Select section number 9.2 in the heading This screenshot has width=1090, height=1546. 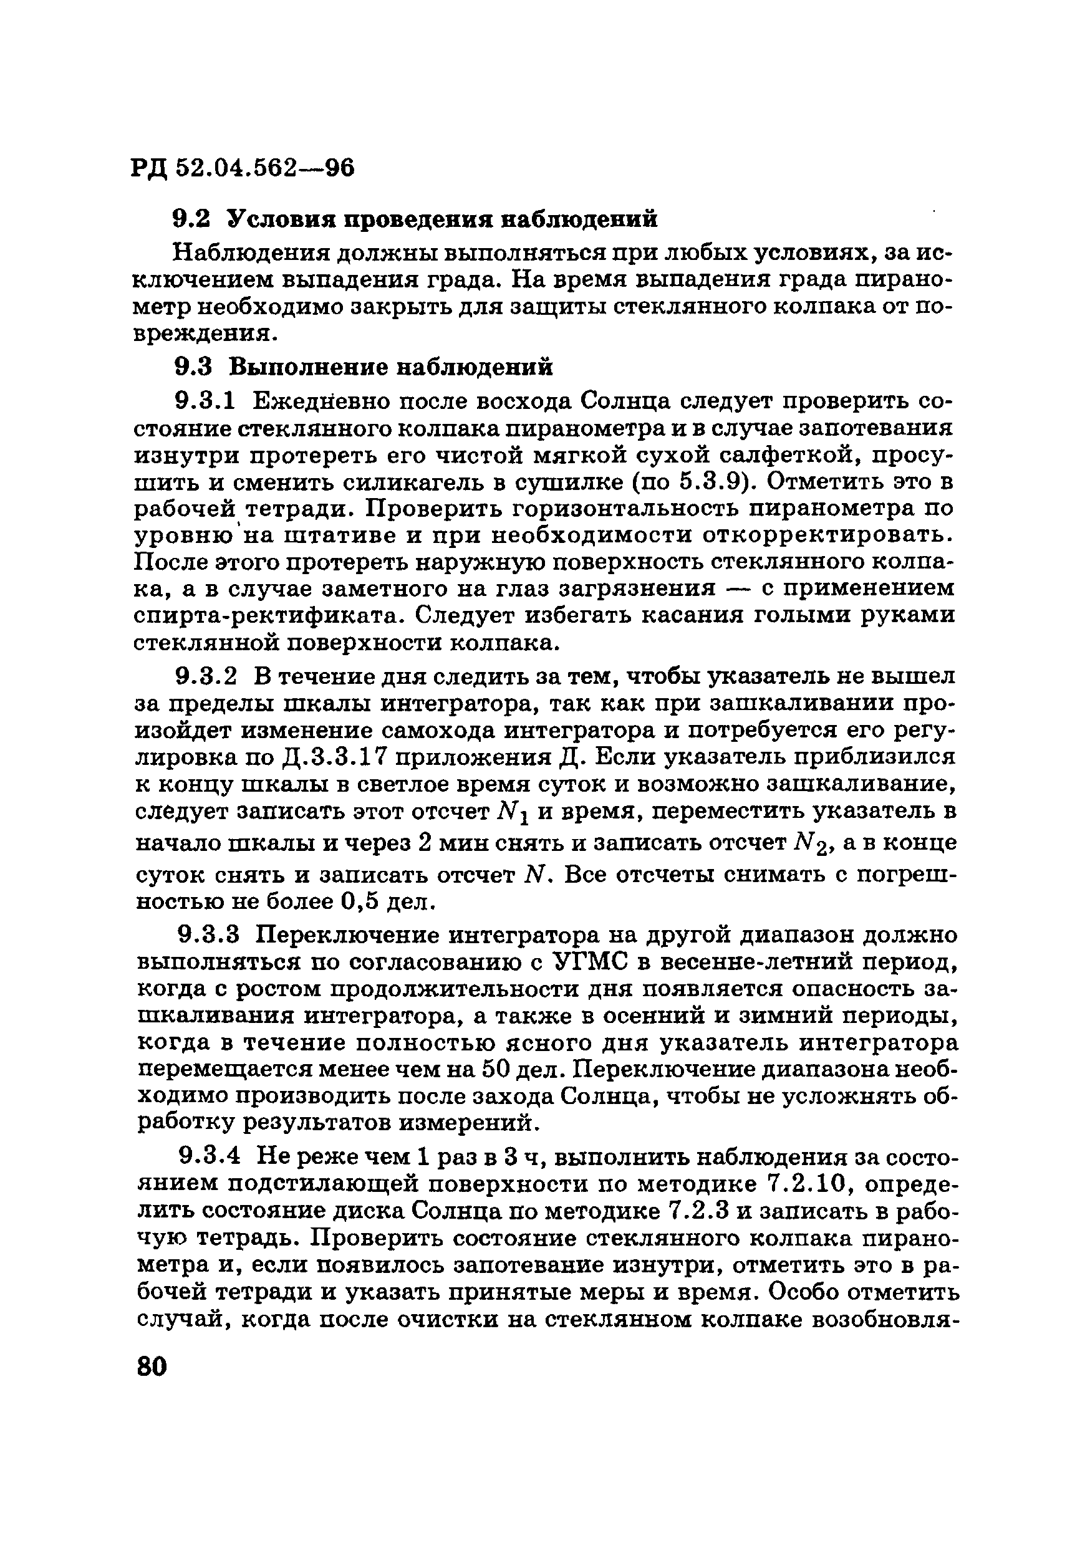point(192,219)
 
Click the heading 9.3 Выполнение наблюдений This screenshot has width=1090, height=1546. point(364,367)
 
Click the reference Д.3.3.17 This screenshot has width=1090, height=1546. point(330,757)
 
